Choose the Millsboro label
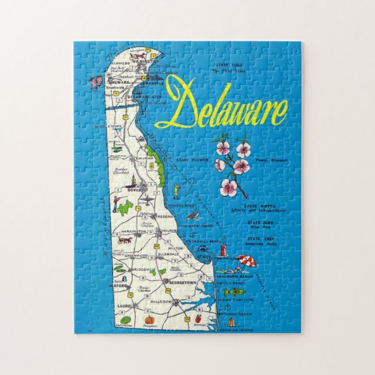[161, 302]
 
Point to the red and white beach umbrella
[246, 261]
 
